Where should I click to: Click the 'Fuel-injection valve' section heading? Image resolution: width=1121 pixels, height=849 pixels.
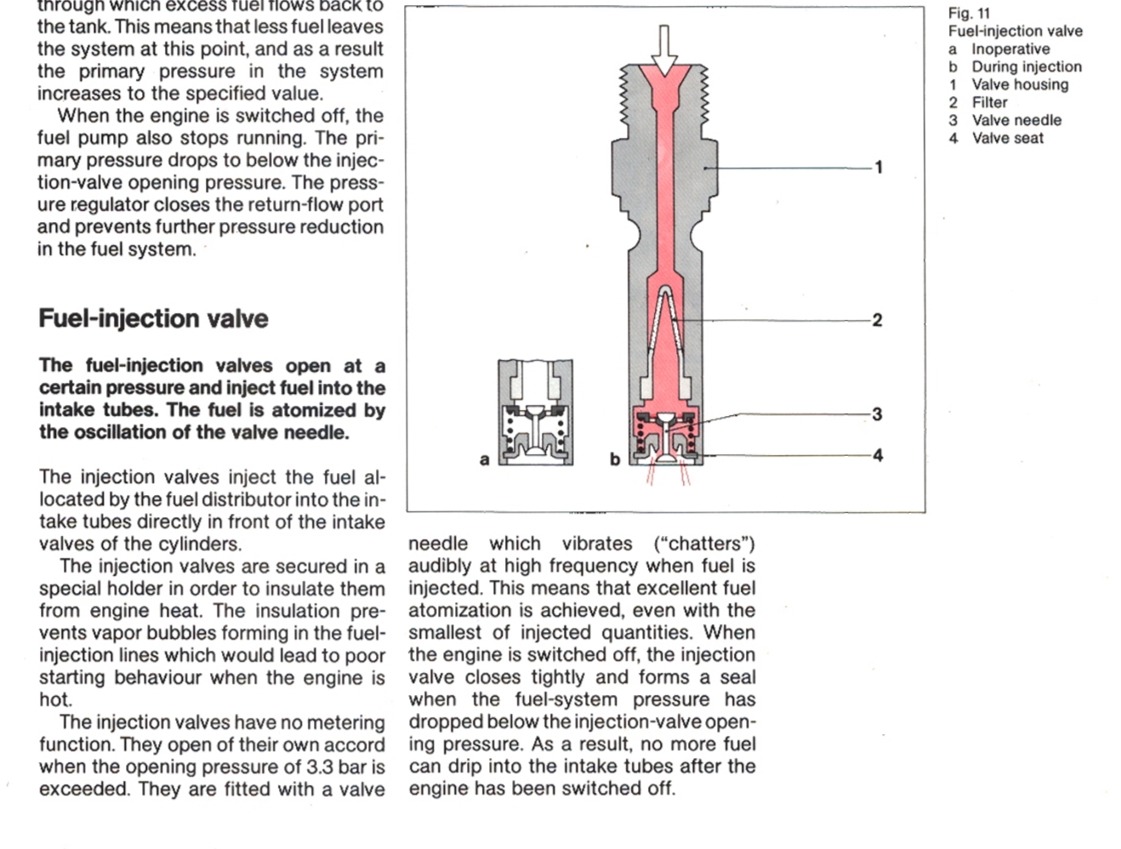153,318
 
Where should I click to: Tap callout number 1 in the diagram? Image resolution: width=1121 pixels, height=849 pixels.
879,168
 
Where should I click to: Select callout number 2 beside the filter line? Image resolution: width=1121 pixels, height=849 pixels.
877,321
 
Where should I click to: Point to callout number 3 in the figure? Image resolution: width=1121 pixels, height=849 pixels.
877,414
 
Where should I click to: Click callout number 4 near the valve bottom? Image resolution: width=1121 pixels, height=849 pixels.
878,456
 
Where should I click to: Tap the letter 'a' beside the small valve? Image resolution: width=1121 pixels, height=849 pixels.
484,460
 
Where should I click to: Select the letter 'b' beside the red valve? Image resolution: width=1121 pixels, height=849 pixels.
614,460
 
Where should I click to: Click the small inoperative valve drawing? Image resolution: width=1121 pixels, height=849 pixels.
535,413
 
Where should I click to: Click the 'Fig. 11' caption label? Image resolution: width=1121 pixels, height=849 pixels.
969,13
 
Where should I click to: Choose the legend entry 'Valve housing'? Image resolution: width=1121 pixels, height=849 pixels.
1020,84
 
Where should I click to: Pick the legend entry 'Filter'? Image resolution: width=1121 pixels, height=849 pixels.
989,102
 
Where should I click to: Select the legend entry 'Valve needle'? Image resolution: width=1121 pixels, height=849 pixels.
1016,120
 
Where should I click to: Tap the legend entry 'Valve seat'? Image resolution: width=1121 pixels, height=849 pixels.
1007,138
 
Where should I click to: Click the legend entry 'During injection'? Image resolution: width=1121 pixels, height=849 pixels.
1027,66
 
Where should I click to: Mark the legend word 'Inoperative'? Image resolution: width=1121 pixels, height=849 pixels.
1010,48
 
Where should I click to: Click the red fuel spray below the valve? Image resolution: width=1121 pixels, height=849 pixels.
666,475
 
